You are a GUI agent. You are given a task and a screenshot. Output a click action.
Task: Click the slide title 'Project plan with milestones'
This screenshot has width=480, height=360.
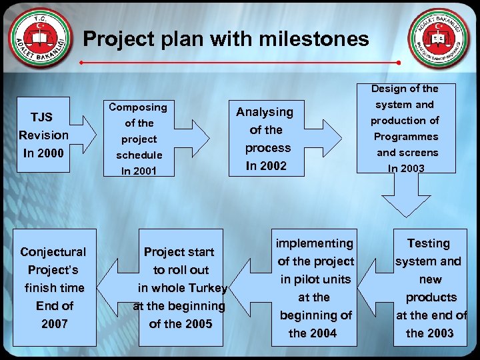225,39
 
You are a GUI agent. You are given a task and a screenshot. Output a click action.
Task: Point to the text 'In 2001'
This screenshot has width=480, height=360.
139,171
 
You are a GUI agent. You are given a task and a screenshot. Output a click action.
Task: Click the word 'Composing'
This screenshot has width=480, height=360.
138,107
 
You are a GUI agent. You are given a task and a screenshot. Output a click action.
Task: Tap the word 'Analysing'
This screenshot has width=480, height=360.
265,112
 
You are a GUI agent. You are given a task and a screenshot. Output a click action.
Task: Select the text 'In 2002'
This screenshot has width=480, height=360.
265,166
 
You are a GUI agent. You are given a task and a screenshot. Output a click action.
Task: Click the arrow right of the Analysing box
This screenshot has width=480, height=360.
327,138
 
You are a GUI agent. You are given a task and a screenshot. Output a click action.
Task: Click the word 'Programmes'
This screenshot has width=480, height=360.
405,137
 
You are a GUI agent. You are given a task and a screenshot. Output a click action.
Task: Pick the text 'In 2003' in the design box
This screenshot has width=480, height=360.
405,169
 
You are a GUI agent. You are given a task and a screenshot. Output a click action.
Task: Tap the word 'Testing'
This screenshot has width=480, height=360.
429,243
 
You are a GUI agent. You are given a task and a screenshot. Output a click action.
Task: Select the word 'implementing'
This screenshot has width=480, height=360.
314,243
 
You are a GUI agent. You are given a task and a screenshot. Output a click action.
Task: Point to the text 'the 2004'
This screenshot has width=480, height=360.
313,333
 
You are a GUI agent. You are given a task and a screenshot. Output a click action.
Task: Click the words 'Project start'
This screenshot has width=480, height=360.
179,252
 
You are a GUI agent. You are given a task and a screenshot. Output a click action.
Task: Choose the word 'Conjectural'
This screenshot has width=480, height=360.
53,252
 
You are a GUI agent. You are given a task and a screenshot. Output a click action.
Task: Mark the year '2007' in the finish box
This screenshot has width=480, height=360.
54,324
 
